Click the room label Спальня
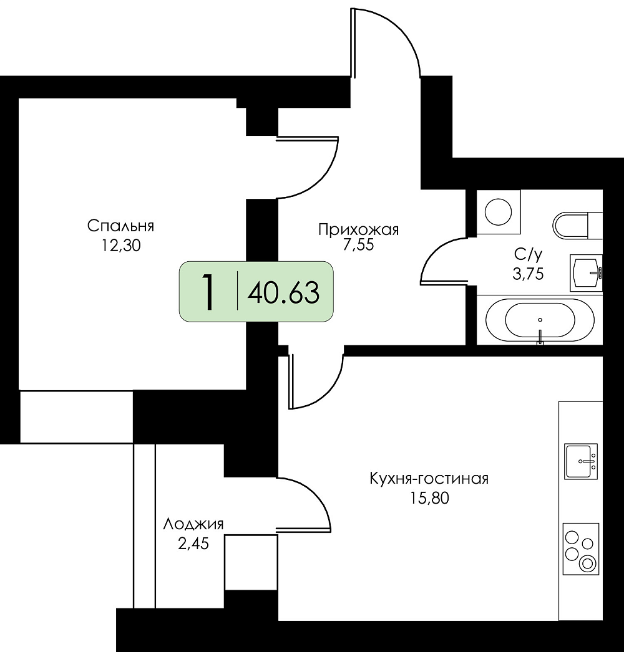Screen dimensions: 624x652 (x=120, y=226)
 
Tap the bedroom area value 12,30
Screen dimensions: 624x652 (x=120, y=246)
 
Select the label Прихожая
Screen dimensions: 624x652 (x=358, y=229)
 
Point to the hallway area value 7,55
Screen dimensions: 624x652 (x=358, y=244)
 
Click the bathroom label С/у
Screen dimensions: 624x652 (x=529, y=254)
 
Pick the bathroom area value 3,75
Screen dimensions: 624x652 (x=529, y=274)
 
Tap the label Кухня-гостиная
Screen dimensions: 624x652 (x=429, y=479)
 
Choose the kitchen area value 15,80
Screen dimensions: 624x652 (x=430, y=498)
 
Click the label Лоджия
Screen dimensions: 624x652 (x=193, y=524)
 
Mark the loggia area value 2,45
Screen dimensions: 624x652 (x=193, y=544)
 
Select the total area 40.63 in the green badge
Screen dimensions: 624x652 (x=283, y=292)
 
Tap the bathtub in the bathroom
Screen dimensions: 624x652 (x=540, y=320)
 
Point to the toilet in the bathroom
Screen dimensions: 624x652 (x=577, y=226)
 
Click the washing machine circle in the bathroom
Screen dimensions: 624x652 (x=499, y=212)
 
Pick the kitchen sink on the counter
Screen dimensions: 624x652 (x=581, y=461)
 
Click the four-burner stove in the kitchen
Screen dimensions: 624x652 (x=581, y=549)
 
